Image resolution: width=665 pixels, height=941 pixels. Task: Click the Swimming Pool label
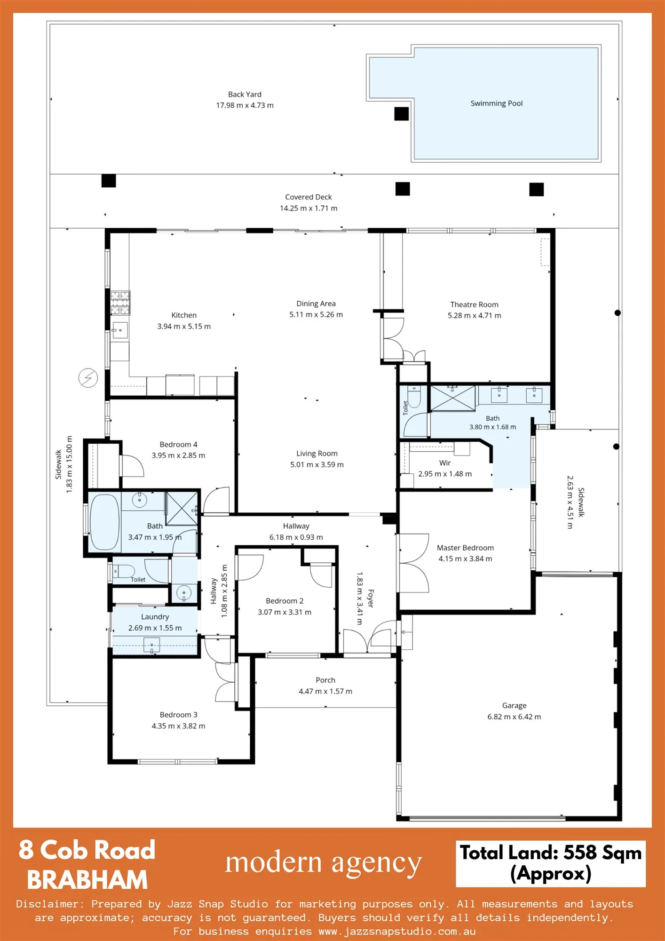pos(496,104)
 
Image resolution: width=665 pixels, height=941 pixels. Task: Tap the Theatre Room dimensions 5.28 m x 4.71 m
pos(474,316)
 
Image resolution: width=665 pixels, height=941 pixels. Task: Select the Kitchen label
pos(184,315)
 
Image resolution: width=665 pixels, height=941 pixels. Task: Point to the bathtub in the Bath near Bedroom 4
pos(104,521)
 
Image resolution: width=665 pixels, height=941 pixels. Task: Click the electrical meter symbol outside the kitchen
pos(88,378)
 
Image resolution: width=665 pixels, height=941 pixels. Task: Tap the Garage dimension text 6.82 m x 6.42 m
pos(514,717)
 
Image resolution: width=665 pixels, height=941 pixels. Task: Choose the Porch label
pos(325,680)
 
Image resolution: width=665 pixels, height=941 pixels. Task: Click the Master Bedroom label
pos(465,548)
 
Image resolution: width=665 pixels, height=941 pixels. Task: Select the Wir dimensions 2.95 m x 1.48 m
pos(445,474)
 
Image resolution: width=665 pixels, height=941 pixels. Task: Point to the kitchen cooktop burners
pos(120,303)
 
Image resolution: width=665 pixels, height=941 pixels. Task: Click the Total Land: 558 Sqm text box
pos(551,863)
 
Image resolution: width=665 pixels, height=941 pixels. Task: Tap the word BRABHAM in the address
pos(87,880)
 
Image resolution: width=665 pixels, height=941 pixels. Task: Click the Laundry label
pos(155,617)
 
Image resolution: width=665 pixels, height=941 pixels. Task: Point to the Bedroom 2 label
pos(285,601)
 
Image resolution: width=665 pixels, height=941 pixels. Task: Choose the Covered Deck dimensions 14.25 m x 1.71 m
pos(309,208)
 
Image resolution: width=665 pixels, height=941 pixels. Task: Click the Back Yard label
pos(245,94)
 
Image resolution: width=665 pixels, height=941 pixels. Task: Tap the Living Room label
pos(317,454)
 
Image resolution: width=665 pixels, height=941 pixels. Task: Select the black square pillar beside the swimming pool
pos(401,114)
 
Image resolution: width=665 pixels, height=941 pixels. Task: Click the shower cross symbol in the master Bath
pos(453,399)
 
